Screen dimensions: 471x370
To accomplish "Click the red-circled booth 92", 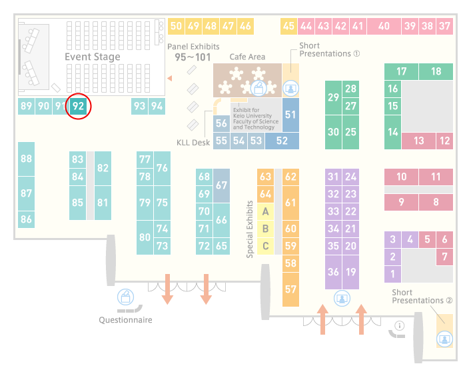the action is (x=78, y=106).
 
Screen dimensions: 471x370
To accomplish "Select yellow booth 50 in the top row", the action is (x=176, y=27).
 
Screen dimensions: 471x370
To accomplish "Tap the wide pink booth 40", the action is (x=384, y=27).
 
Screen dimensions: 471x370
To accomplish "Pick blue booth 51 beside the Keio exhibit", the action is (x=290, y=115).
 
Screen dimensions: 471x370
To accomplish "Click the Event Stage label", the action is (x=93, y=57).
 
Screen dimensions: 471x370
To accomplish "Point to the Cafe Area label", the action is (x=247, y=57).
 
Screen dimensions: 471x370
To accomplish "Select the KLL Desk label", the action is (x=193, y=143).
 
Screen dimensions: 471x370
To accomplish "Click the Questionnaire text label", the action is (x=125, y=320).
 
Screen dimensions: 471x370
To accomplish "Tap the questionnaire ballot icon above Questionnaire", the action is (x=125, y=297).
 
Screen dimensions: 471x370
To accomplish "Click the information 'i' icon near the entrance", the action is (x=400, y=325).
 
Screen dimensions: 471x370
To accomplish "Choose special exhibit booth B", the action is (x=266, y=229).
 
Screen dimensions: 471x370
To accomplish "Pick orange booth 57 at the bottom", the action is (x=290, y=289).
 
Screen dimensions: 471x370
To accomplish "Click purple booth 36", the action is (x=333, y=272).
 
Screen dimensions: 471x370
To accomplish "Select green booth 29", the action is (x=333, y=97).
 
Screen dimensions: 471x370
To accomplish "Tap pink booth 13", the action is (x=418, y=141).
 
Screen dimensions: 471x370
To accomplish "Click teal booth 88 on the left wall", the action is (x=26, y=159).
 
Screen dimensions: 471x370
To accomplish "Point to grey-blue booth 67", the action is (x=221, y=185).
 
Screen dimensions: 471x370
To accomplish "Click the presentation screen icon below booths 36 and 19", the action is (x=342, y=299).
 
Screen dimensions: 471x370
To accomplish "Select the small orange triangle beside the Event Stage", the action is (x=170, y=79).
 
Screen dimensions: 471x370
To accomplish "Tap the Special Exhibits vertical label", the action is (x=250, y=229).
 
